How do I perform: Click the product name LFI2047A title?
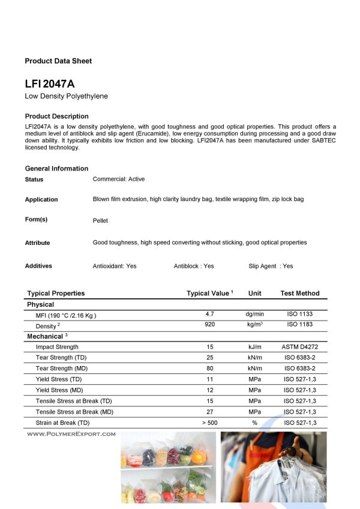click(x=50, y=85)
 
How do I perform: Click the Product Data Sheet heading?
click(x=58, y=61)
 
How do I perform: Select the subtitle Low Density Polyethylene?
click(x=66, y=96)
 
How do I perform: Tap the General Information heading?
click(x=56, y=169)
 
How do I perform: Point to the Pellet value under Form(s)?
click(x=100, y=221)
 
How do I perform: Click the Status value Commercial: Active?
click(x=119, y=179)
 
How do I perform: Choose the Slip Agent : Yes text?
click(x=271, y=266)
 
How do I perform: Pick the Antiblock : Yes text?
click(x=194, y=266)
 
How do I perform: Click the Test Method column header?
click(x=299, y=294)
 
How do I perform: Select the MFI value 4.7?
click(x=210, y=314)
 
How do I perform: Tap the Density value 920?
click(x=210, y=325)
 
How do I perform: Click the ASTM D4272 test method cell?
click(x=299, y=347)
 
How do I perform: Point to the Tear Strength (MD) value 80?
click(x=210, y=369)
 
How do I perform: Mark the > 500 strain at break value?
click(x=210, y=423)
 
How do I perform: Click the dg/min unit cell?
click(x=254, y=314)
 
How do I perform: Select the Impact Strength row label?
click(x=57, y=347)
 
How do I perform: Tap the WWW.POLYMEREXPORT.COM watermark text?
click(x=71, y=433)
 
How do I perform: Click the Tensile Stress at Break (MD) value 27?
click(x=210, y=412)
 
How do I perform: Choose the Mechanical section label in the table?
click(x=46, y=336)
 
